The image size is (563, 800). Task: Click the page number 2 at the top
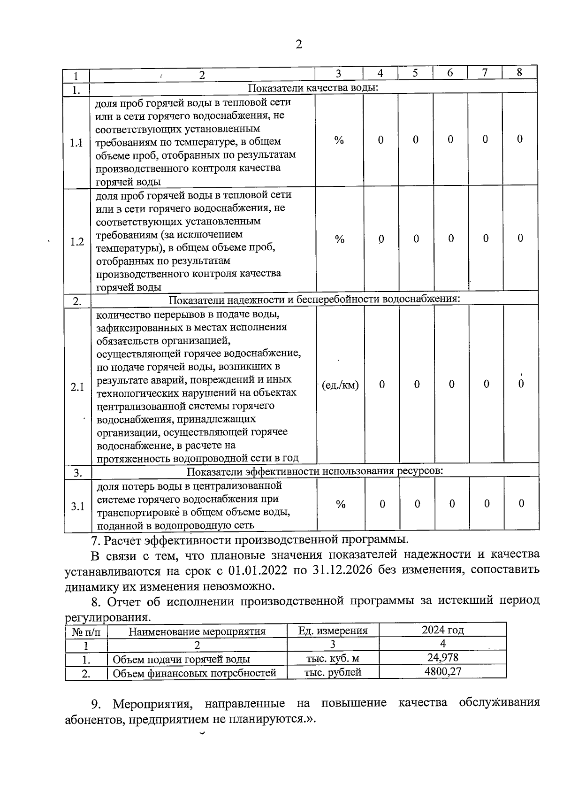tap(298, 45)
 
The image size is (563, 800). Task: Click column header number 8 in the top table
tap(519, 72)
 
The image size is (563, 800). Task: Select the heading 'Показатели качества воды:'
tap(313, 88)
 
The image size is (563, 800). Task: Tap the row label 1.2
tap(77, 242)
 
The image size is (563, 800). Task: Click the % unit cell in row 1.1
tap(339, 140)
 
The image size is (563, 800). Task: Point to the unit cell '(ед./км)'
tap(341, 385)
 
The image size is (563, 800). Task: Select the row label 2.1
tap(77, 387)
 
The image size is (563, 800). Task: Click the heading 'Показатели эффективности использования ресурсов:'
tap(315, 471)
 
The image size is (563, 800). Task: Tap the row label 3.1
tap(78, 506)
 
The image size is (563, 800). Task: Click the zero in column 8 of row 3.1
tap(521, 503)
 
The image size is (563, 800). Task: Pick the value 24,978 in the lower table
tap(442, 657)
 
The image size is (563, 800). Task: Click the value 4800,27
tap(442, 671)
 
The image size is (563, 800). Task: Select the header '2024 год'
tap(442, 630)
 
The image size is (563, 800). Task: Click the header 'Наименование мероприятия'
tap(197, 631)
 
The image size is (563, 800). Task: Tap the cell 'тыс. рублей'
tap(333, 672)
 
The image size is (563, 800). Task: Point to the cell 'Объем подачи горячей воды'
tap(181, 659)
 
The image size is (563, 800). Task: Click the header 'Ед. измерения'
tap(333, 631)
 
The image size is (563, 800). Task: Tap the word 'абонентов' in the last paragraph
tap(93, 720)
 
